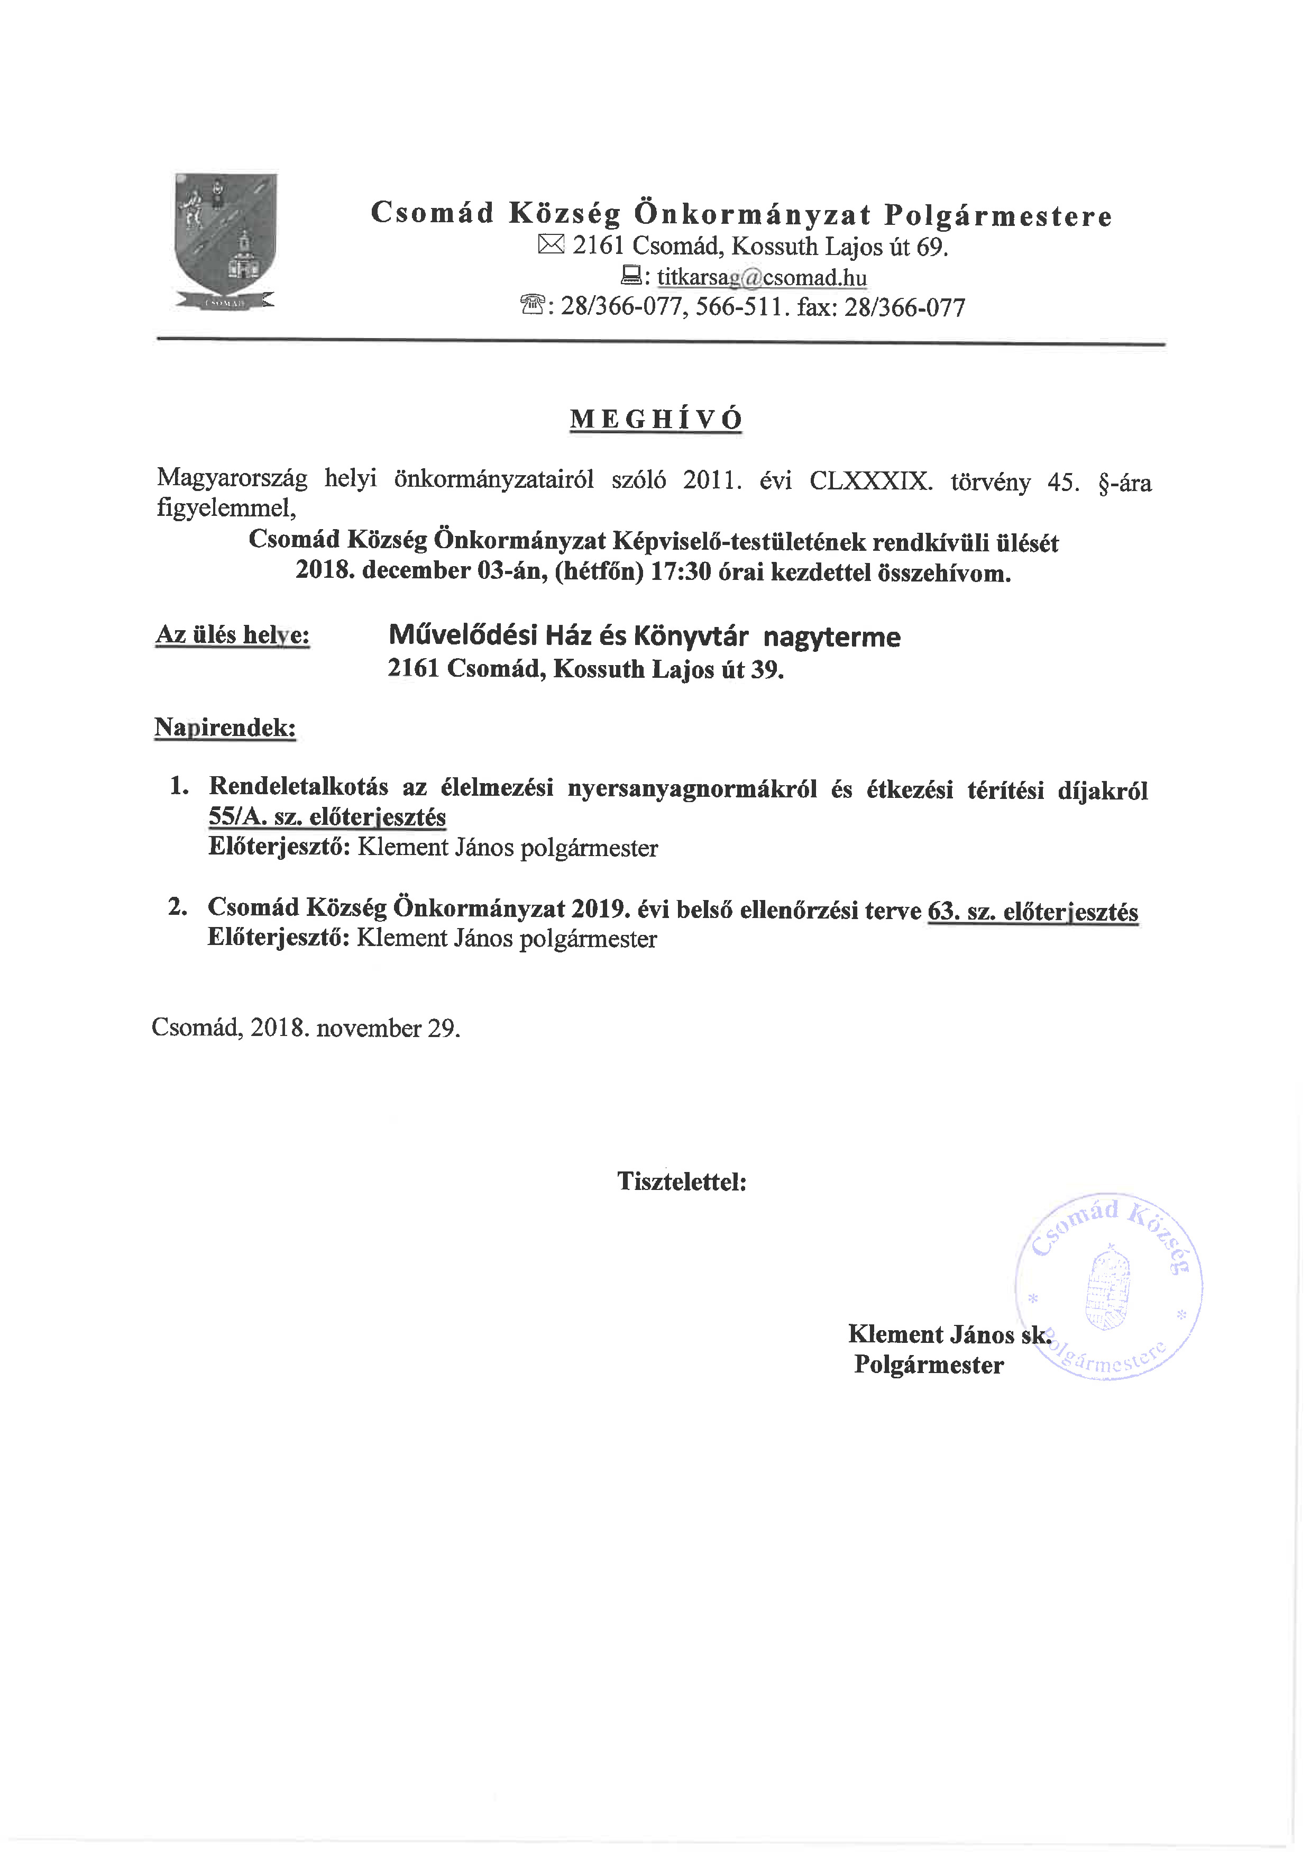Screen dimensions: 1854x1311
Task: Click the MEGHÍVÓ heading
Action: click(x=656, y=419)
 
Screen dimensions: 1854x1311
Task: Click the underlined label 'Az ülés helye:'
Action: click(x=233, y=635)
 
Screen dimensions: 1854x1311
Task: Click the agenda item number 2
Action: click(x=178, y=907)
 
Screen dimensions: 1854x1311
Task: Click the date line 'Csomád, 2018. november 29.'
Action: click(x=306, y=1028)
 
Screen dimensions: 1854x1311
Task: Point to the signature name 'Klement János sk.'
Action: click(x=949, y=1333)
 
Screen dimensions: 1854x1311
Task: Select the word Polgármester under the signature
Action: click(x=928, y=1365)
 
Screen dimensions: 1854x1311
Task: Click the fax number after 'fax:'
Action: click(x=904, y=307)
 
